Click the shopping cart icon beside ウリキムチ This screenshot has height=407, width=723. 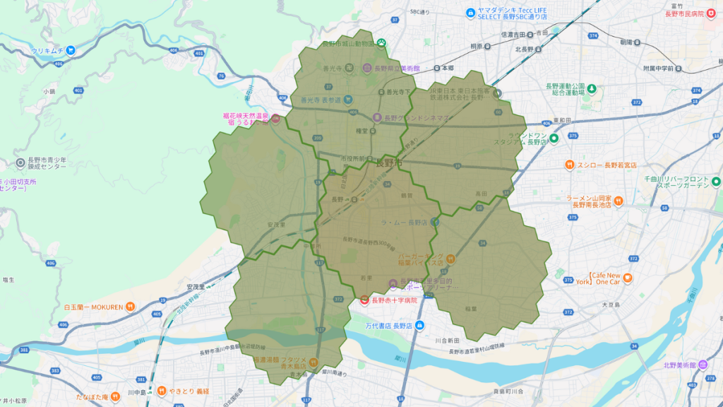(71, 51)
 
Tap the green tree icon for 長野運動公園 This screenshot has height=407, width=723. (592, 88)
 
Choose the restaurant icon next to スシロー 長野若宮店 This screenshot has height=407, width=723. (569, 165)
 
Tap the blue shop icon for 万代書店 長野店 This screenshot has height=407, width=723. (420, 325)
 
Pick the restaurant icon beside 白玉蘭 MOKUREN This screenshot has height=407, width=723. (131, 307)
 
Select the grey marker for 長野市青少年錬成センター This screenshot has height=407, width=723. (20, 163)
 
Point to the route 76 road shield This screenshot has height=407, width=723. (221, 76)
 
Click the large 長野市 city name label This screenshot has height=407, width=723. (389, 163)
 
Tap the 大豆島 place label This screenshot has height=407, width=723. (610, 305)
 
